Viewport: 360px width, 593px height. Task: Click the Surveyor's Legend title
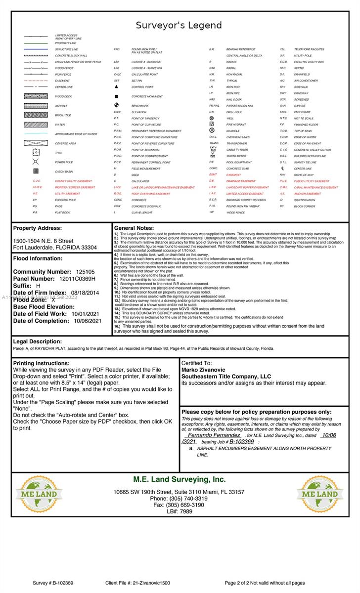tap(179, 25)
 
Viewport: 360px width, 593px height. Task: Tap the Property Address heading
tap(38, 228)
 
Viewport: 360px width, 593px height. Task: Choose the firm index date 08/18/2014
tap(85, 293)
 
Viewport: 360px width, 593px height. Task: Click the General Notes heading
tap(134, 228)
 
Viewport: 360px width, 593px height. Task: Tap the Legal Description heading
tap(38, 341)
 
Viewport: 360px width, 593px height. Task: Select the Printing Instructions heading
tap(41, 363)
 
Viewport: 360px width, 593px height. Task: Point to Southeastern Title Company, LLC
tap(226, 377)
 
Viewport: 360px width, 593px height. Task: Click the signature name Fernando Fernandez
tap(214, 435)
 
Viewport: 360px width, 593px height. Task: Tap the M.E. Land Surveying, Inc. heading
tap(179, 479)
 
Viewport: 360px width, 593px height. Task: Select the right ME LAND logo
tap(320, 494)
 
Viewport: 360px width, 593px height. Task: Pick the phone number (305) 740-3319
tap(179, 499)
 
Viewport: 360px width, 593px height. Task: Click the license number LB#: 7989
tap(179, 512)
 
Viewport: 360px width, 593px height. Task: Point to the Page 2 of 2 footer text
tap(265, 583)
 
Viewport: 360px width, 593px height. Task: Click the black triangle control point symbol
tap(116, 87)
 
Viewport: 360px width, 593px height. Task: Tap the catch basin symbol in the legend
tap(36, 171)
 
